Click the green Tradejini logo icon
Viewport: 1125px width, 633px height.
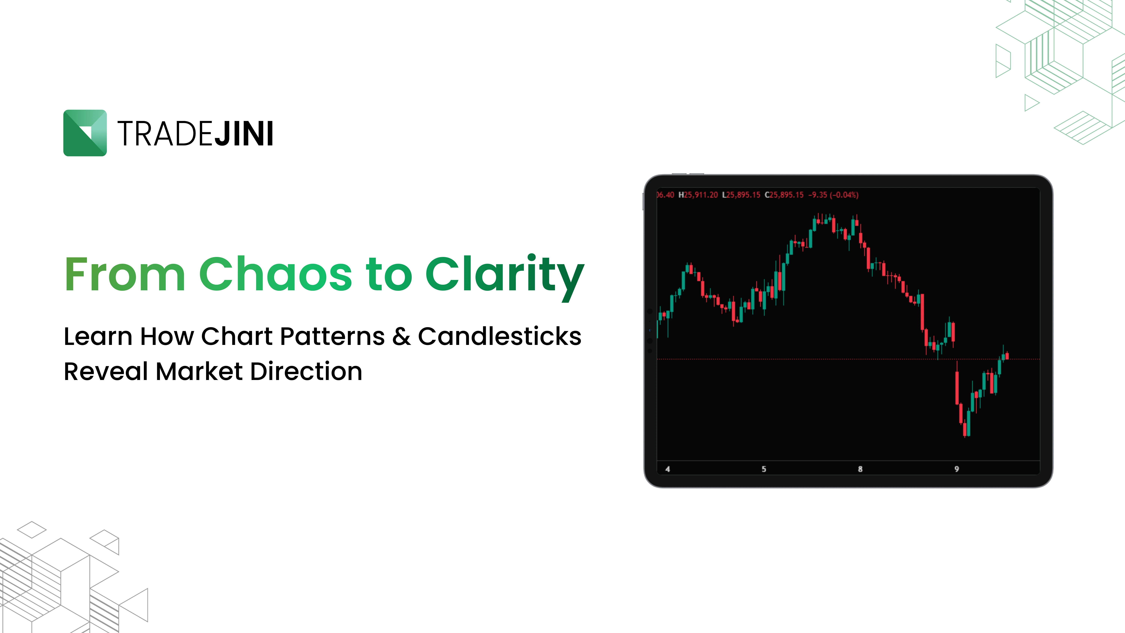(x=85, y=133)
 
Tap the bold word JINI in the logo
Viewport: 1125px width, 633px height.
(x=244, y=134)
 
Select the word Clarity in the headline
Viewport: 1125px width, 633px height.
(x=505, y=277)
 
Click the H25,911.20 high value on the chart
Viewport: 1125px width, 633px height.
(x=698, y=195)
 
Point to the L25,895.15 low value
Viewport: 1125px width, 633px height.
(x=741, y=195)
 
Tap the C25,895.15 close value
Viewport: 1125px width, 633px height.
(x=784, y=195)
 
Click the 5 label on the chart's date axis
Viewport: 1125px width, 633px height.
(x=764, y=469)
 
